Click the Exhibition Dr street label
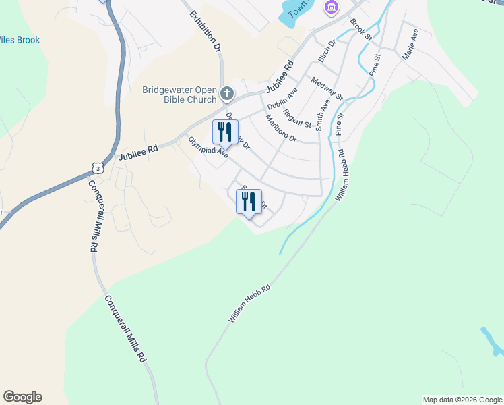click(206, 32)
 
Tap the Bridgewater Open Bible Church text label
click(182, 94)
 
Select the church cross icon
click(227, 92)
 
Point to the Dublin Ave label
click(282, 99)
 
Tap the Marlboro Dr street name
click(281, 128)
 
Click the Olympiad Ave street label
click(208, 148)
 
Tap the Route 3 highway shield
click(98, 167)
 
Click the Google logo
click(22, 397)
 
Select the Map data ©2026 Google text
click(462, 400)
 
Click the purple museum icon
click(329, 7)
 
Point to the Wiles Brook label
click(20, 40)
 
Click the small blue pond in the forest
click(491, 341)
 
